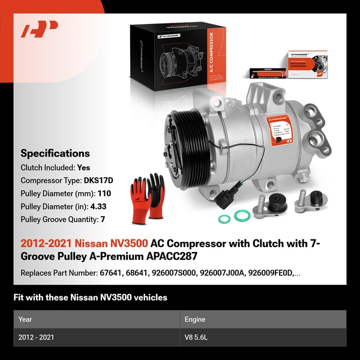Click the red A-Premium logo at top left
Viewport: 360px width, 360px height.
40,29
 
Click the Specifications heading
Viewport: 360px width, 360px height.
55,153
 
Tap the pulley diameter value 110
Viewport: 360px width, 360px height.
105,193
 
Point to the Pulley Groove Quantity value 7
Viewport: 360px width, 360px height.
103,220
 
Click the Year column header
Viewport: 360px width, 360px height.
25,319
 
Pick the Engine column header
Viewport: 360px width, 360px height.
196,319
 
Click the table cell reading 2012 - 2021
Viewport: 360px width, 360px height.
36,337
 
